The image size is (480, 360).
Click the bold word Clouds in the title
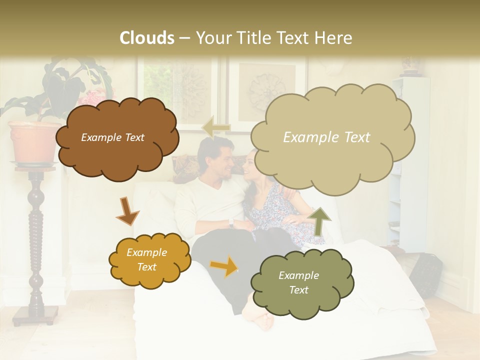[x=147, y=38]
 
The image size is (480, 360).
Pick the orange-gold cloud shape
[x=149, y=259]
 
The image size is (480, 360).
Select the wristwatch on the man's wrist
[x=231, y=222]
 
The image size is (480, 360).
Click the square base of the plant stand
[x=35, y=314]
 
